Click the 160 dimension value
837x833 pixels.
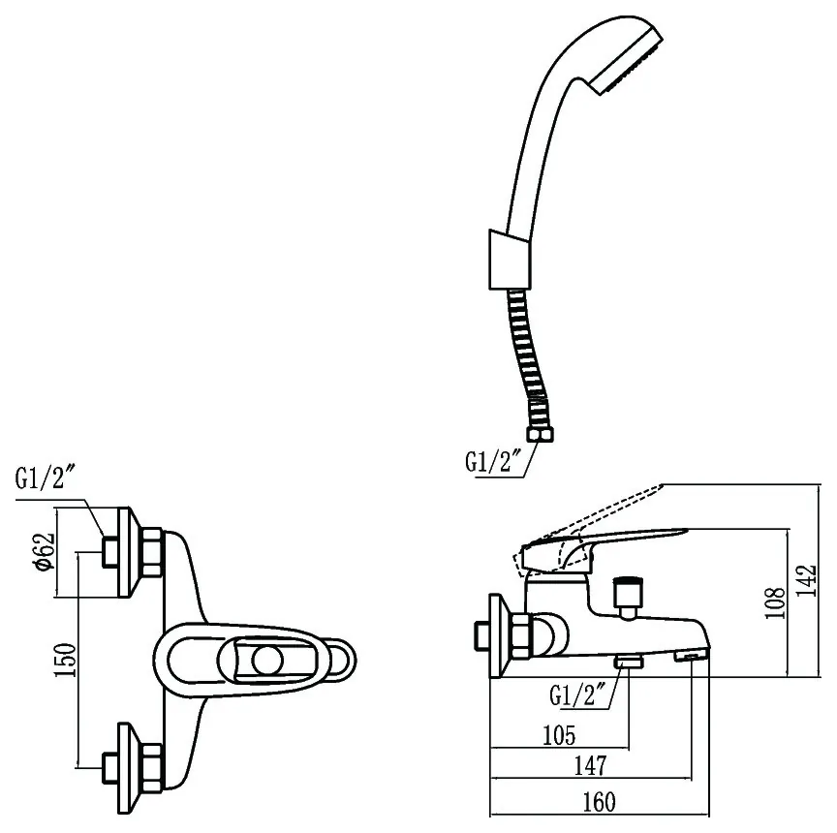pos(599,801)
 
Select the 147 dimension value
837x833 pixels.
pos(590,766)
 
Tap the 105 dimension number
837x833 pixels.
pos(559,735)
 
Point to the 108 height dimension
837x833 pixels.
pos(775,602)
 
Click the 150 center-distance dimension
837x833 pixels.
pos(66,660)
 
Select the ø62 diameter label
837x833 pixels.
pos(45,551)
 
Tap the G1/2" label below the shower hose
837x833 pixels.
pos(493,462)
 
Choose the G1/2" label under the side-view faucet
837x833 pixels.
pos(577,694)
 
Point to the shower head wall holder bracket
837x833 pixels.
pos(510,261)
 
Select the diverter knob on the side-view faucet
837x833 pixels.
pos(628,598)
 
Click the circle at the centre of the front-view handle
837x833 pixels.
pos(267,661)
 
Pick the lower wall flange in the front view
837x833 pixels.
pos(125,768)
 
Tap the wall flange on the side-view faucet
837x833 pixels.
pos(497,636)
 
